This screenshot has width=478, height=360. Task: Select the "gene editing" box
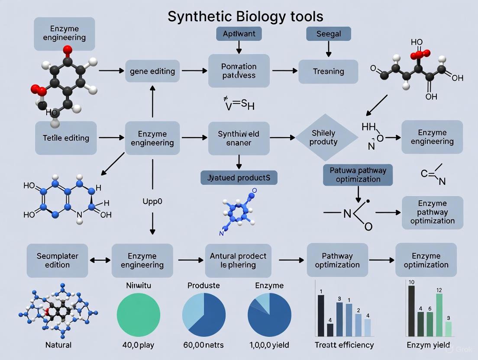pyautogui.click(x=152, y=71)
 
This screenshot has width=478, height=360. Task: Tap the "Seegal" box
pyautogui.click(x=328, y=34)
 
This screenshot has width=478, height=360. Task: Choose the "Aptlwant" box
pyautogui.click(x=239, y=34)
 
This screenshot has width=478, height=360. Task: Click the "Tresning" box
pyautogui.click(x=328, y=71)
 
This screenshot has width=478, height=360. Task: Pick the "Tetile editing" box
pyautogui.click(x=66, y=138)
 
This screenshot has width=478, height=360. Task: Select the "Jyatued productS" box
pyautogui.click(x=239, y=177)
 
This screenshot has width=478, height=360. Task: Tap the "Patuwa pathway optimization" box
pyautogui.click(x=358, y=175)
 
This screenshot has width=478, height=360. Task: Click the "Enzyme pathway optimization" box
pyautogui.click(x=432, y=212)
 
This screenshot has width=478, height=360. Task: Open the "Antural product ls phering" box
pyautogui.click(x=238, y=260)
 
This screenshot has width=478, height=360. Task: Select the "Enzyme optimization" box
pyautogui.click(x=426, y=260)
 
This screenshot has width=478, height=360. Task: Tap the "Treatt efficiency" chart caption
pyautogui.click(x=344, y=345)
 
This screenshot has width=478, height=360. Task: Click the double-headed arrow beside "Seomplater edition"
pyautogui.click(x=100, y=260)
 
